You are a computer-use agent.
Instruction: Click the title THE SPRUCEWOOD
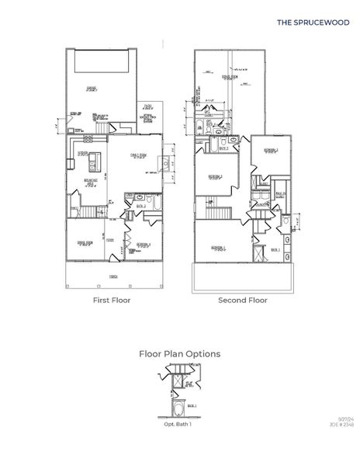click(313, 23)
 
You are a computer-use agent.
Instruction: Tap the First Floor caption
click(112, 299)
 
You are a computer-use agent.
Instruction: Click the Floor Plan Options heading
click(179, 353)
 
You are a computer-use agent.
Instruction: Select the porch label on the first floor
click(112, 276)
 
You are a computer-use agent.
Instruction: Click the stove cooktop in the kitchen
click(88, 140)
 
